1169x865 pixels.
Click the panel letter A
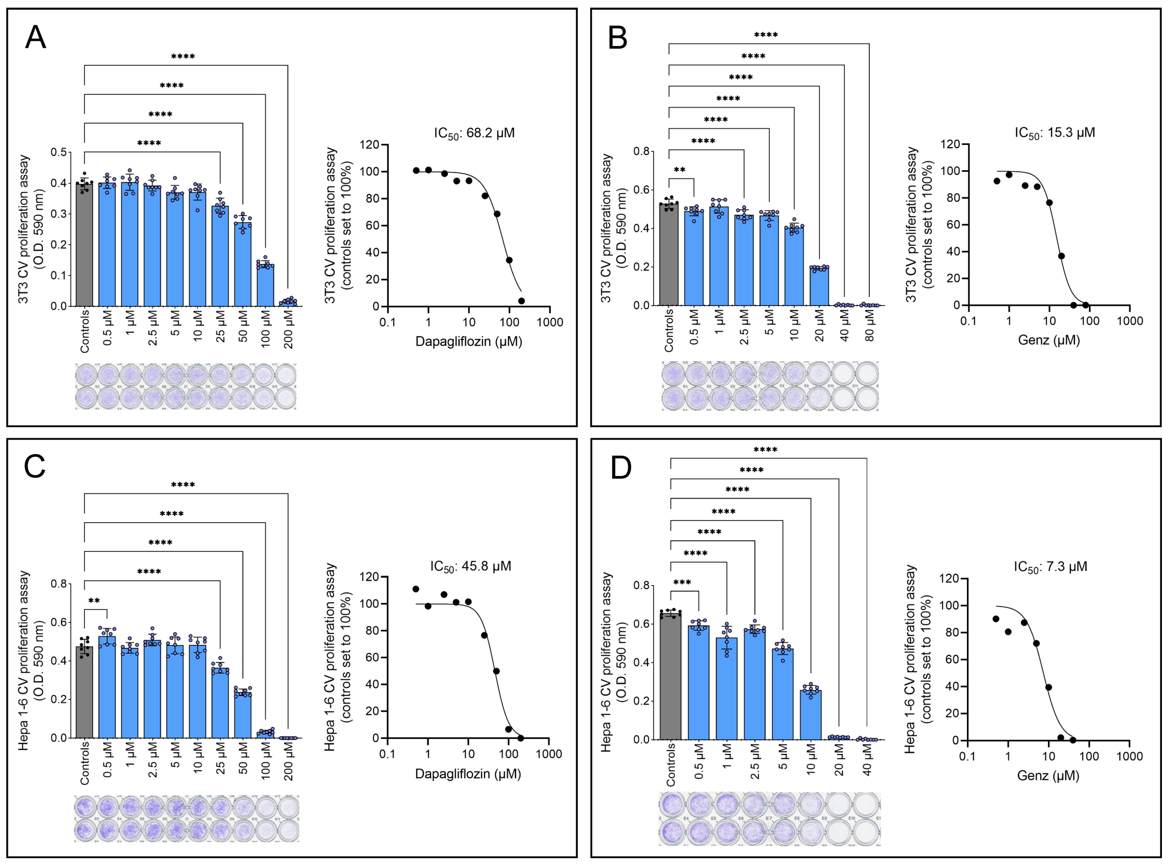[36, 38]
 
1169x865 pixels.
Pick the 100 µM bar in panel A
[265, 285]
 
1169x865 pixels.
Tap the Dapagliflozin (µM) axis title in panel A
[469, 341]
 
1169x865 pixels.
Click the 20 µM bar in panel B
[819, 286]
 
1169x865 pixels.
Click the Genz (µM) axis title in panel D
[1048, 775]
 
